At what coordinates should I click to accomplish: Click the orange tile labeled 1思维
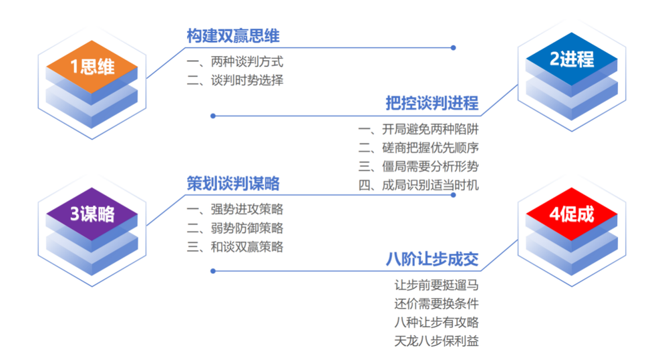pyautogui.click(x=92, y=67)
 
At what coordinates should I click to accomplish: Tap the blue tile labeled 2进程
pyautogui.click(x=572, y=59)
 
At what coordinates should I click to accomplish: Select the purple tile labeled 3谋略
pyautogui.click(x=92, y=214)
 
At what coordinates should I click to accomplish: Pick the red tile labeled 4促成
pyautogui.click(x=572, y=214)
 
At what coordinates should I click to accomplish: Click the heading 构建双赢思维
pyautogui.click(x=233, y=36)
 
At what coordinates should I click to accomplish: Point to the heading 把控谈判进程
pyautogui.click(x=432, y=103)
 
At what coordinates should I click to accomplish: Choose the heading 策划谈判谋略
pyautogui.click(x=233, y=184)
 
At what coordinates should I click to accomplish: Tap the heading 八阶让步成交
pyautogui.click(x=432, y=259)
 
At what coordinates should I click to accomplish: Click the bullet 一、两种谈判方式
pyautogui.click(x=234, y=61)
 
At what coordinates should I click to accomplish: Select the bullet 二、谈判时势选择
pyautogui.click(x=234, y=80)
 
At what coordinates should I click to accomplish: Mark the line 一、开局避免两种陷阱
pyautogui.click(x=418, y=129)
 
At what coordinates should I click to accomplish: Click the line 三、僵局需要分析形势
pyautogui.click(x=418, y=166)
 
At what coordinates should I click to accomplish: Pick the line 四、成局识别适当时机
pyautogui.click(x=418, y=185)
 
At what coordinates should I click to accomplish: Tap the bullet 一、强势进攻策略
pyautogui.click(x=234, y=209)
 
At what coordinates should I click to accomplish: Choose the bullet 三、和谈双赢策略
pyautogui.click(x=234, y=246)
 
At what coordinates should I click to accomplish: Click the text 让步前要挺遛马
pyautogui.click(x=436, y=285)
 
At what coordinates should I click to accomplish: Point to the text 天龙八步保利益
pyautogui.click(x=436, y=341)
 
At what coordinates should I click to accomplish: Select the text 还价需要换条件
pyautogui.click(x=436, y=304)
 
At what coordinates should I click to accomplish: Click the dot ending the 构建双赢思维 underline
pyautogui.click(x=454, y=47)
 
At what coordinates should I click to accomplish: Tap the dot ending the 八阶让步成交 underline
pyautogui.click(x=213, y=271)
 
